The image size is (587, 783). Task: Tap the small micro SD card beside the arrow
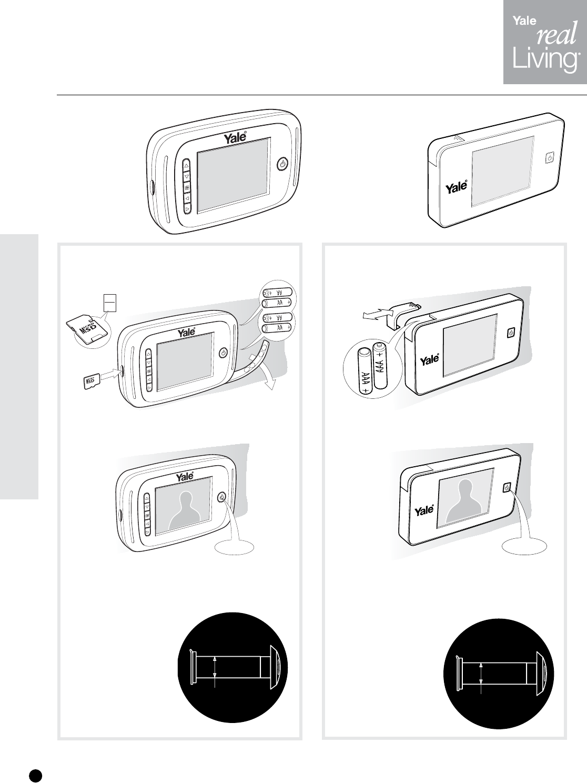pyautogui.click(x=92, y=382)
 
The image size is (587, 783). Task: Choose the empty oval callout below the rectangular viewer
pyautogui.click(x=524, y=546)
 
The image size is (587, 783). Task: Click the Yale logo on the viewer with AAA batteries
pyautogui.click(x=429, y=360)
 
